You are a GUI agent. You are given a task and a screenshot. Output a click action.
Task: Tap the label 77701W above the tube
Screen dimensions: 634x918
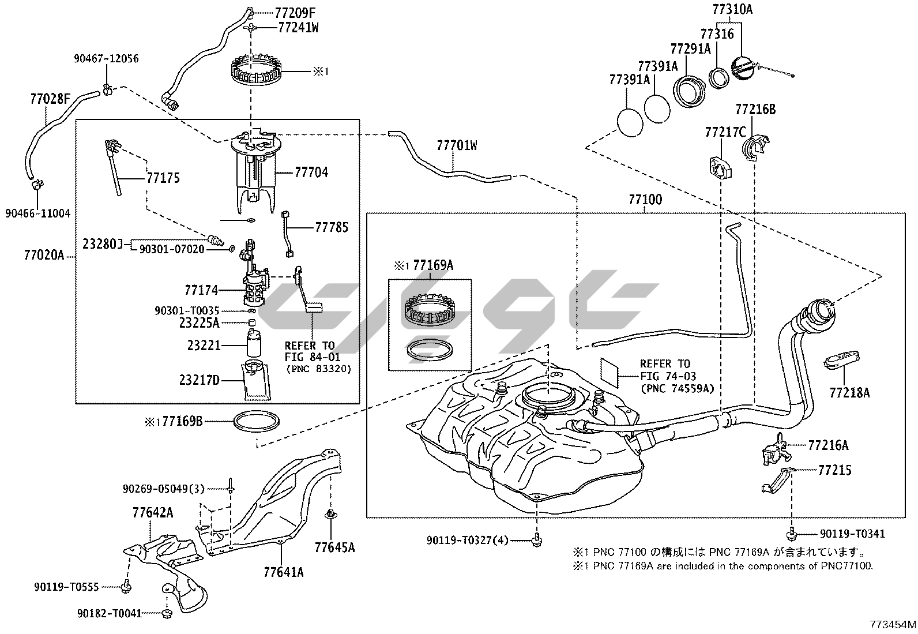(457, 145)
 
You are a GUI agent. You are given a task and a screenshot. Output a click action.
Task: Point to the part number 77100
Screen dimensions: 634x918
(645, 200)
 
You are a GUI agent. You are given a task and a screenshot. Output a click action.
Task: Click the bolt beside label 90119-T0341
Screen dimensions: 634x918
(792, 534)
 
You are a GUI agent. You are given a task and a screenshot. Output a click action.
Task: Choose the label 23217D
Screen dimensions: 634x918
(199, 381)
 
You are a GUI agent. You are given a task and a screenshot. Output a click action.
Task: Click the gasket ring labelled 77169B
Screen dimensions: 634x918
(257, 421)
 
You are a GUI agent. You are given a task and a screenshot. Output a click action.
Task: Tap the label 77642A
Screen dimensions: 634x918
(153, 512)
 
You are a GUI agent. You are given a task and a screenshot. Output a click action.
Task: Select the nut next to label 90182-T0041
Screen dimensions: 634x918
(166, 613)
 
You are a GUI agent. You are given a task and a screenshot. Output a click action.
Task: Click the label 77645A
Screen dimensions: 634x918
(334, 547)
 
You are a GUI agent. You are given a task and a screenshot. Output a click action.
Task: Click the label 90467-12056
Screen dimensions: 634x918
(106, 59)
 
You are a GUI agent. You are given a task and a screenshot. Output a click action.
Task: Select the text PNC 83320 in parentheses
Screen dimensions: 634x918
(318, 369)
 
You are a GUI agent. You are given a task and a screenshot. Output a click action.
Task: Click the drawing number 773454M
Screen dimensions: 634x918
(893, 625)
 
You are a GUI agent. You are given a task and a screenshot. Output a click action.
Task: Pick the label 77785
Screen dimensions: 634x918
(332, 227)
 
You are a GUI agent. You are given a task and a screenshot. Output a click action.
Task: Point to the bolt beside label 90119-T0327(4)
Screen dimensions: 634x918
(537, 539)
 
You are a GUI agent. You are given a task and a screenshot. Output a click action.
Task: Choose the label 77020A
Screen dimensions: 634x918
(44, 254)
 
